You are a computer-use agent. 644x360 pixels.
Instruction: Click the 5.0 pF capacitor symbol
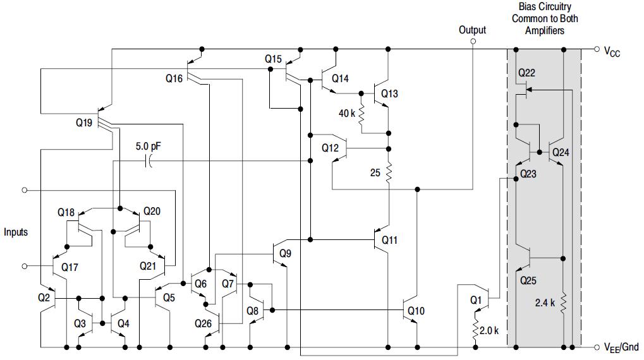(149, 161)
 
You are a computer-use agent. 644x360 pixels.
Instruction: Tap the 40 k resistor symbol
(361, 115)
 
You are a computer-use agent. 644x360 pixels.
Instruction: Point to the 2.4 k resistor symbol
(564, 304)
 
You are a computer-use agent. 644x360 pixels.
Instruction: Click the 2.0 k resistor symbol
(476, 327)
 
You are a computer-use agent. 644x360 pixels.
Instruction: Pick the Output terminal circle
(473, 42)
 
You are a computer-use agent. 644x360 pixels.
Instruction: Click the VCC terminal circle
(597, 49)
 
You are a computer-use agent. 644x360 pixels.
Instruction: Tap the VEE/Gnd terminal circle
(597, 347)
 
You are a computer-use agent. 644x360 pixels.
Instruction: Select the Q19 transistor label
(84, 123)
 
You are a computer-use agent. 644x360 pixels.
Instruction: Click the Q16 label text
(174, 78)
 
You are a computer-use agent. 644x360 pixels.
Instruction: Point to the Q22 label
(526, 73)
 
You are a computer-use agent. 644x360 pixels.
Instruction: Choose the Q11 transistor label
(389, 240)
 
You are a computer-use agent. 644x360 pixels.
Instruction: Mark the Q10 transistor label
(416, 311)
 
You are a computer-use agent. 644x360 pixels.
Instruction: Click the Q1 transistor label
(475, 300)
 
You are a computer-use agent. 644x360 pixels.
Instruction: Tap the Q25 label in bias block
(528, 280)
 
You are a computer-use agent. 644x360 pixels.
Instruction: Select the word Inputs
(16, 232)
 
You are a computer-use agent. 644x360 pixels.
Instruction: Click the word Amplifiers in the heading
(545, 30)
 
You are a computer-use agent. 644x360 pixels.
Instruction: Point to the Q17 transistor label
(70, 267)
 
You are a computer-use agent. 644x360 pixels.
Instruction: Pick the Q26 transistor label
(204, 323)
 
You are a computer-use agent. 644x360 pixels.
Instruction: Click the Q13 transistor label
(389, 93)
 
